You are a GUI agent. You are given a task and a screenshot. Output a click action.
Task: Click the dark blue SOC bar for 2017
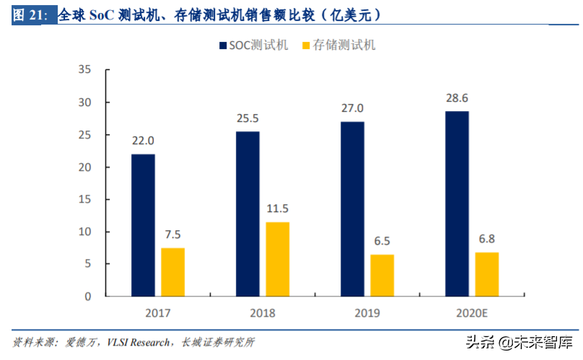tap(143, 225)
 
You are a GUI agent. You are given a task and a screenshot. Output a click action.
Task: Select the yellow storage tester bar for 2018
tap(278, 259)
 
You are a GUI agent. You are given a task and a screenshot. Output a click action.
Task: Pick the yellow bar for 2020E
tap(487, 274)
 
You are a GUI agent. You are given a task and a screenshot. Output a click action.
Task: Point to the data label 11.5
tap(278, 208)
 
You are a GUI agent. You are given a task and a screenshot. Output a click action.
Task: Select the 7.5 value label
tap(172, 234)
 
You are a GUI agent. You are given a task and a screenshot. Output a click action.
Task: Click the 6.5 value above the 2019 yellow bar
tap(382, 241)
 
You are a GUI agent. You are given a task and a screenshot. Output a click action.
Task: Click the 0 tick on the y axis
tap(87, 297)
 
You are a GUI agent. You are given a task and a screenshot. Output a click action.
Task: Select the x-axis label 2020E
tap(472, 313)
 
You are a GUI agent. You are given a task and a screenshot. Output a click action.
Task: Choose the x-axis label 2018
tap(262, 313)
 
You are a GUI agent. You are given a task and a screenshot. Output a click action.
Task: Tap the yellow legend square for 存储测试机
tap(305, 45)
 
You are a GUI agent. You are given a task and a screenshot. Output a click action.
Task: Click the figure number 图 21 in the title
tap(27, 15)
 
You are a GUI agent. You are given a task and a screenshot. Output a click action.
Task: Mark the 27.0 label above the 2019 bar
tap(352, 108)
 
